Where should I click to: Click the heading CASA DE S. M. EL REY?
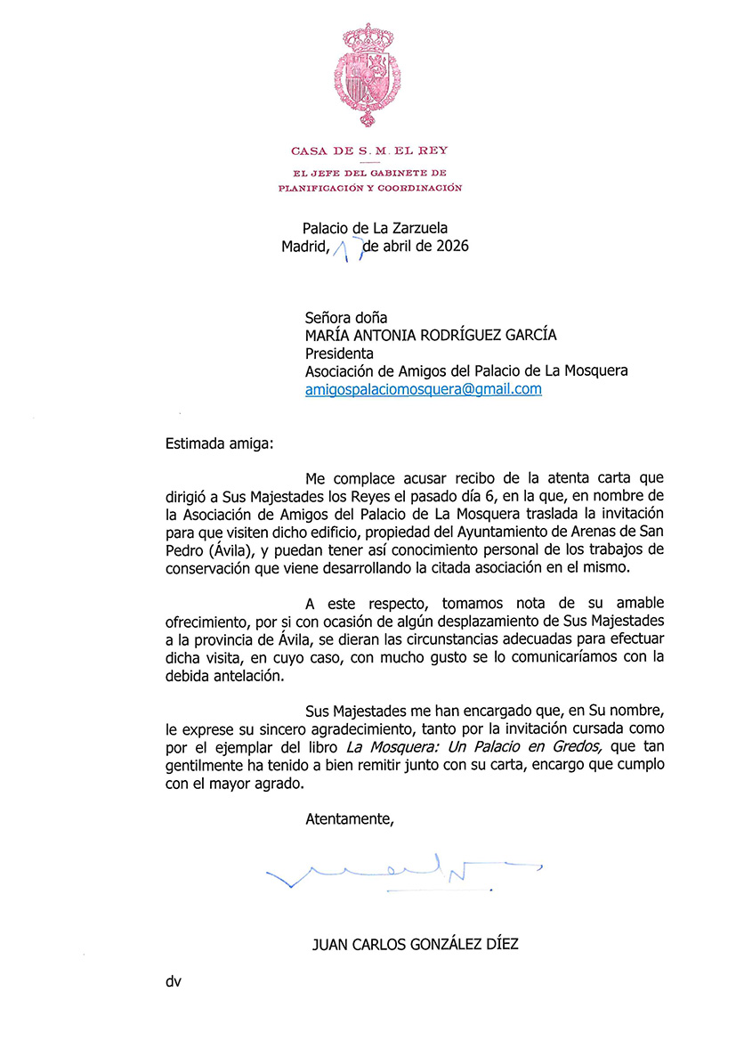tap(368, 150)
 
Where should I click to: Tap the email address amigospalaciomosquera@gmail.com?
tap(423, 390)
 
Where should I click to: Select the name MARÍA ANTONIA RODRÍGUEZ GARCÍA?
tap(431, 335)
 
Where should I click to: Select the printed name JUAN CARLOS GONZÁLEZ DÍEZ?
tap(415, 944)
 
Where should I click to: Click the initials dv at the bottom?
tap(173, 982)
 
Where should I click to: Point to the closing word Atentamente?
tap(349, 817)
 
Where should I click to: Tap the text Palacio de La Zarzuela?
tap(375, 228)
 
